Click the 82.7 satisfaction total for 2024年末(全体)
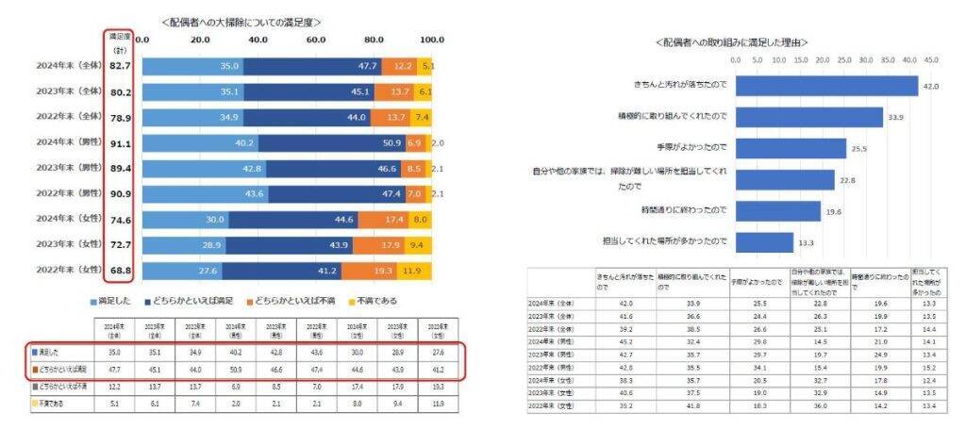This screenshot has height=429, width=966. click(120, 67)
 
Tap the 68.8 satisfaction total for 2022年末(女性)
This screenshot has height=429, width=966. click(120, 270)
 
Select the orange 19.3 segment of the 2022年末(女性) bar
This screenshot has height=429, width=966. click(370, 270)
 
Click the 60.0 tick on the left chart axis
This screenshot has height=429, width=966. click(316, 41)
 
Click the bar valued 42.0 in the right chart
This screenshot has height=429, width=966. click(826, 86)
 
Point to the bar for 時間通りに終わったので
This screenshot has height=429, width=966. click(778, 210)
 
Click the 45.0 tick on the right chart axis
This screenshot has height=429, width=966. click(931, 59)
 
